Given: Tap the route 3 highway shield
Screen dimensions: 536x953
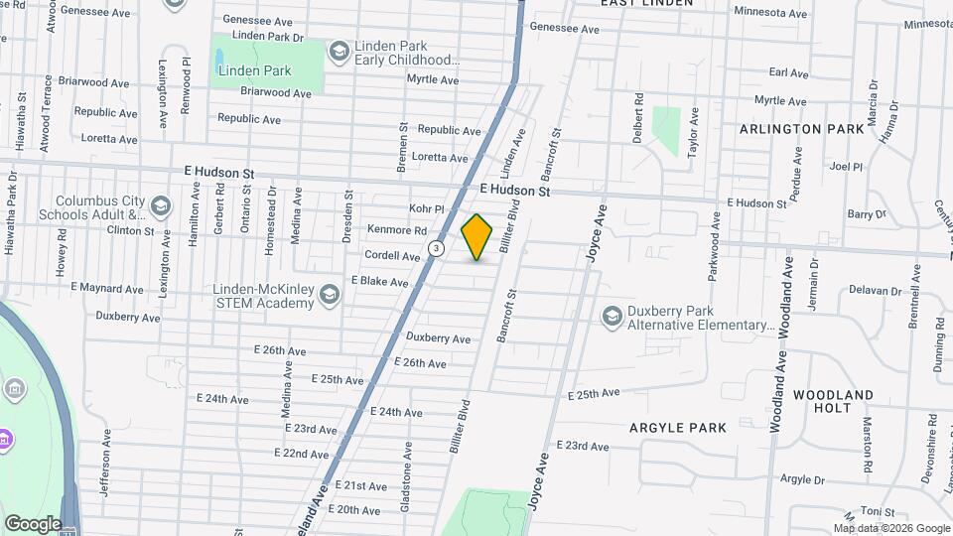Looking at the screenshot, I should pos(436,246).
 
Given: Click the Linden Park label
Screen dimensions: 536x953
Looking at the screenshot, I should pos(255,70).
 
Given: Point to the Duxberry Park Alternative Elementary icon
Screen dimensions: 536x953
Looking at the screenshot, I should pos(613,316).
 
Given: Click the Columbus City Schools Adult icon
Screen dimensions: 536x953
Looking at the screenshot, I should pos(163,206).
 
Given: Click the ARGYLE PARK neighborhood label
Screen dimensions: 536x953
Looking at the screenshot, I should pos(678,428).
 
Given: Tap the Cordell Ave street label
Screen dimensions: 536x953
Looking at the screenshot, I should pos(393,255).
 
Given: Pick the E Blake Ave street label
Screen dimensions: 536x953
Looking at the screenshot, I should pos(380,282).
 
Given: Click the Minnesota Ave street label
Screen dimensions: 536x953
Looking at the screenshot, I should pos(770,13).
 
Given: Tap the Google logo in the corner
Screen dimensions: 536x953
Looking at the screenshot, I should pos(33,523).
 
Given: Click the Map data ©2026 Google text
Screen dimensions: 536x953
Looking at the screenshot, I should pos(891,528).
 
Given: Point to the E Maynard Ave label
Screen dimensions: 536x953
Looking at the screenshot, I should pos(106,288).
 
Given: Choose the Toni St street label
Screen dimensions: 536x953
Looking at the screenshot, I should pos(871,509).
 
